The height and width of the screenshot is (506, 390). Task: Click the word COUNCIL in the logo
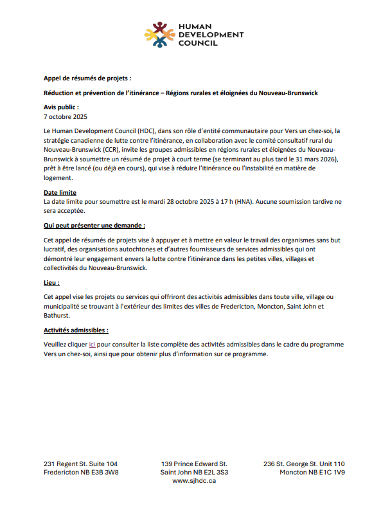[x=199, y=43]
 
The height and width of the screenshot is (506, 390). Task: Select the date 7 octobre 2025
[x=65, y=117]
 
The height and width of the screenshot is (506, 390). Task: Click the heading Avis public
[x=61, y=107]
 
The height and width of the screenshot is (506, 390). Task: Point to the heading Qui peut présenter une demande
[x=94, y=226]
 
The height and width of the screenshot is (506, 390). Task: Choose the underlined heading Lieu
[x=51, y=282]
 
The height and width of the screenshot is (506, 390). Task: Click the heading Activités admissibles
[x=76, y=330]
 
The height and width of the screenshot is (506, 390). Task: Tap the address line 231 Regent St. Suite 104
[x=81, y=464]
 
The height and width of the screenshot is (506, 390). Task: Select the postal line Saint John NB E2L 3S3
[x=194, y=473]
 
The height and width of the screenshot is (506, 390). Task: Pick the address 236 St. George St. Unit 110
[x=304, y=464]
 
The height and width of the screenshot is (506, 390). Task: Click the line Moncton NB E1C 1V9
[x=312, y=473]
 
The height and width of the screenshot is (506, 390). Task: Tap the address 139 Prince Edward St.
[x=194, y=464]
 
